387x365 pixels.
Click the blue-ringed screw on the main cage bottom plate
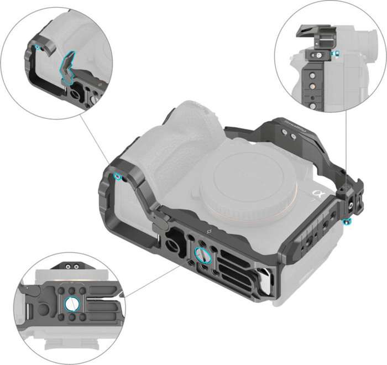(202, 254)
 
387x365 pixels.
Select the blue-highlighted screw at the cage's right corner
(347, 222)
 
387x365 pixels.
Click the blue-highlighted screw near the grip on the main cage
(117, 176)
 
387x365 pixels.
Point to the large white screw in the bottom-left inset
(71, 303)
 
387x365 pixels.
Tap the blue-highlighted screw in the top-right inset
(334, 54)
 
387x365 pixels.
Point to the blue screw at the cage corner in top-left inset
(38, 48)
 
